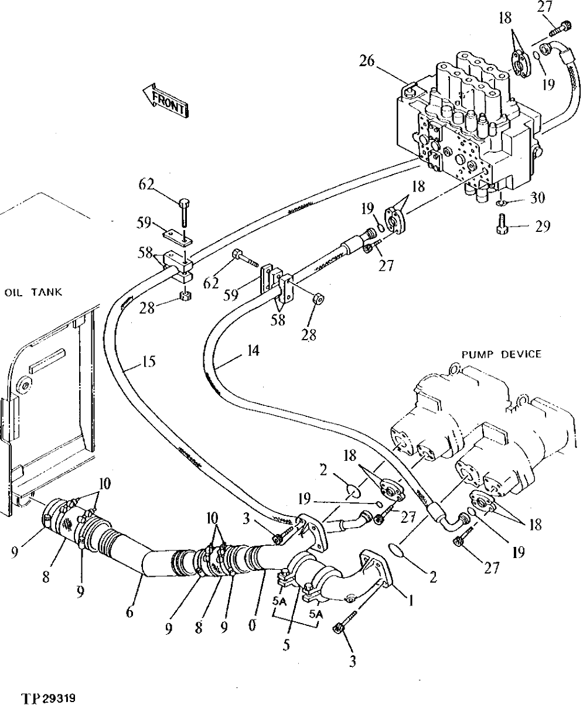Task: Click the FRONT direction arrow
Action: pyautogui.click(x=165, y=101)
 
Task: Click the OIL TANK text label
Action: pyautogui.click(x=33, y=292)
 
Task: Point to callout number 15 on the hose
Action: pyautogui.click(x=149, y=362)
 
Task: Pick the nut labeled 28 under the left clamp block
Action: pyautogui.click(x=185, y=294)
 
